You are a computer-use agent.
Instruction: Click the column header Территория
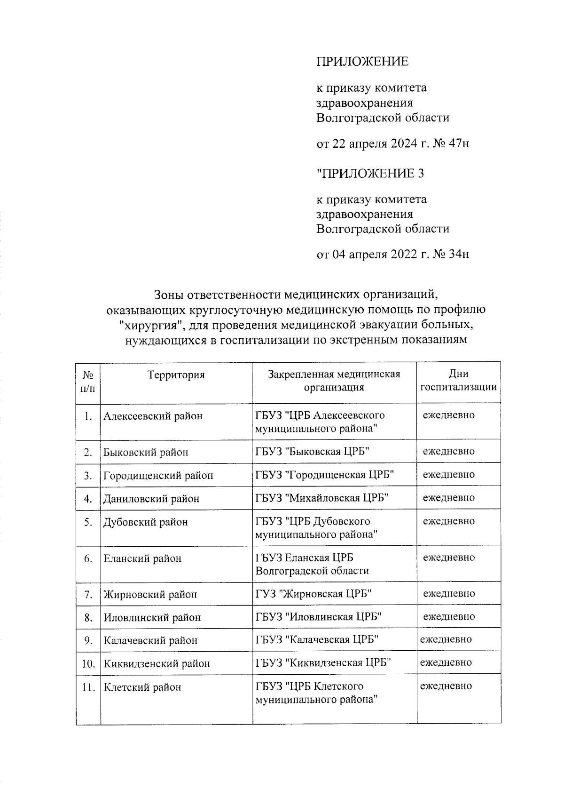(176, 375)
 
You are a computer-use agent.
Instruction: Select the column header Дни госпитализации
(458, 381)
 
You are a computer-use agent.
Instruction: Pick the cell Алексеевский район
(153, 416)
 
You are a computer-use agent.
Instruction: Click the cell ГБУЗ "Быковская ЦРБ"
(312, 452)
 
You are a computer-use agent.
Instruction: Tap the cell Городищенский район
(158, 476)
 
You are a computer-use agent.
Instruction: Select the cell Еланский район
(142, 559)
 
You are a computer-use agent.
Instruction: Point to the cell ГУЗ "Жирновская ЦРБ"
(313, 594)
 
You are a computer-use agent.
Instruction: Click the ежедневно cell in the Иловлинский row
(449, 616)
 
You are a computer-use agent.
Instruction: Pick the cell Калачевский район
(150, 640)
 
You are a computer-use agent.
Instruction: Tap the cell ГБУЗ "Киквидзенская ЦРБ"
(324, 663)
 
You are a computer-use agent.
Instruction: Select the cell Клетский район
(142, 687)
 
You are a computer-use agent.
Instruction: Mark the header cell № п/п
(88, 381)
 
